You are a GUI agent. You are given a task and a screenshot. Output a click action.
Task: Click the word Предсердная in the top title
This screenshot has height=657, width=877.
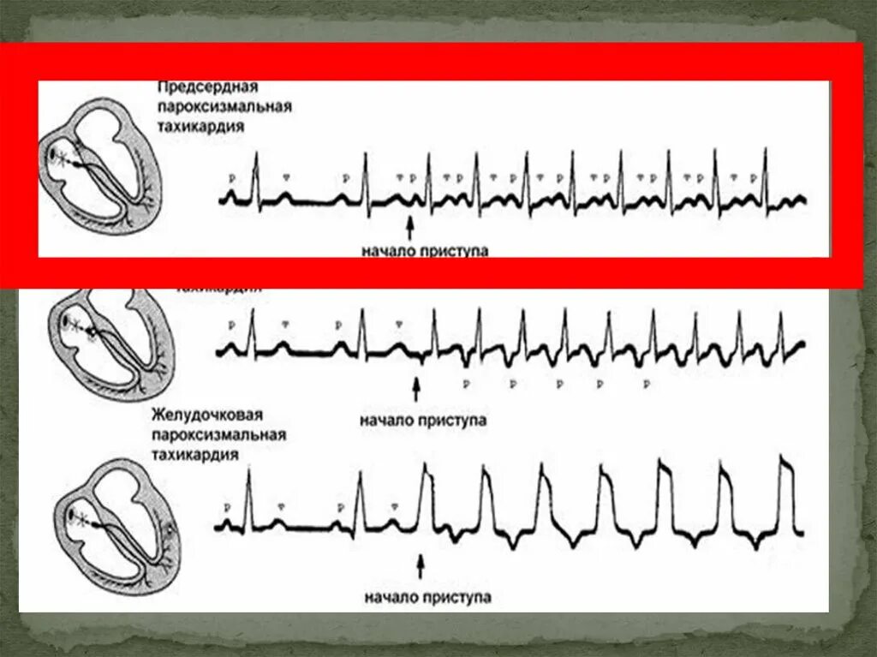(208, 89)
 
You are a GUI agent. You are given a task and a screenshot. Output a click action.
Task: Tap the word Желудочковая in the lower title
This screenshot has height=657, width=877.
(207, 416)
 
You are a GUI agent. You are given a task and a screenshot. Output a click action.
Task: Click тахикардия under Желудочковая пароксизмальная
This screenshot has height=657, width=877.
(195, 454)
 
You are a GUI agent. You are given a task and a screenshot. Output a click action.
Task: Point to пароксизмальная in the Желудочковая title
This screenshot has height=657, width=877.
(219, 435)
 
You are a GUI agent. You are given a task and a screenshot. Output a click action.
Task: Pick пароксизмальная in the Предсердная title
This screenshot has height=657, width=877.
(224, 107)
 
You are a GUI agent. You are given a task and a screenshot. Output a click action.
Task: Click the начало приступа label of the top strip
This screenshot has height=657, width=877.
(425, 250)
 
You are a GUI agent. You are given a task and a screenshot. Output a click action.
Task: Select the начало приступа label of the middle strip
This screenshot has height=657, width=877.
(423, 421)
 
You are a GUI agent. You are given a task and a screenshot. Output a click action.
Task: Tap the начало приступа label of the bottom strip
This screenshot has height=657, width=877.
(427, 596)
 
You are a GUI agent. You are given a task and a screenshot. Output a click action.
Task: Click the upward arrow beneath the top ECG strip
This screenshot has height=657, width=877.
(409, 227)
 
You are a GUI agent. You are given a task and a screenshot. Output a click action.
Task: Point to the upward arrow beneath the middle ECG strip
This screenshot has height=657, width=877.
(417, 391)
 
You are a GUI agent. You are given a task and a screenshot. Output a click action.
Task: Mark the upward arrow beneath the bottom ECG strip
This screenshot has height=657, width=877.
(420, 566)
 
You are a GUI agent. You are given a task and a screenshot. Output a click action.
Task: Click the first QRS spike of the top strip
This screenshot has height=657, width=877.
(254, 176)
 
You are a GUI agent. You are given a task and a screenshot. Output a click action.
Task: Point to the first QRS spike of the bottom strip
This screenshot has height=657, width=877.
(248, 497)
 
